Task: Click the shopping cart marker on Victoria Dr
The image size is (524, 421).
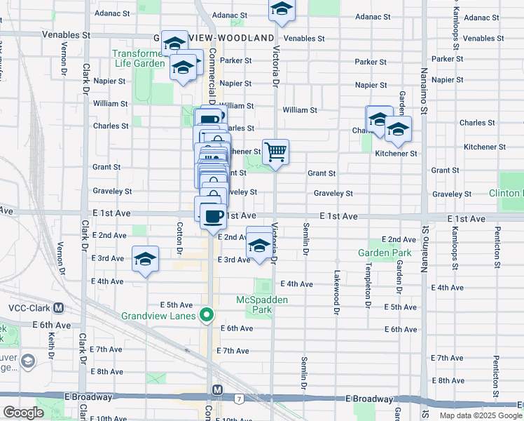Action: tap(276, 152)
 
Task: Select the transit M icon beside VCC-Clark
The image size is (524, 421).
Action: tap(58, 308)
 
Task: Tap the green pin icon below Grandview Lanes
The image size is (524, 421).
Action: tap(206, 316)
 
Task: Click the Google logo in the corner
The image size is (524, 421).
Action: tap(23, 413)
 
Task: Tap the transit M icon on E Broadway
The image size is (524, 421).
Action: tap(218, 389)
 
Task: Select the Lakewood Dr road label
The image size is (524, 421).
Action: tap(337, 291)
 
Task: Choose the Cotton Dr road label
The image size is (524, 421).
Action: tap(180, 239)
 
